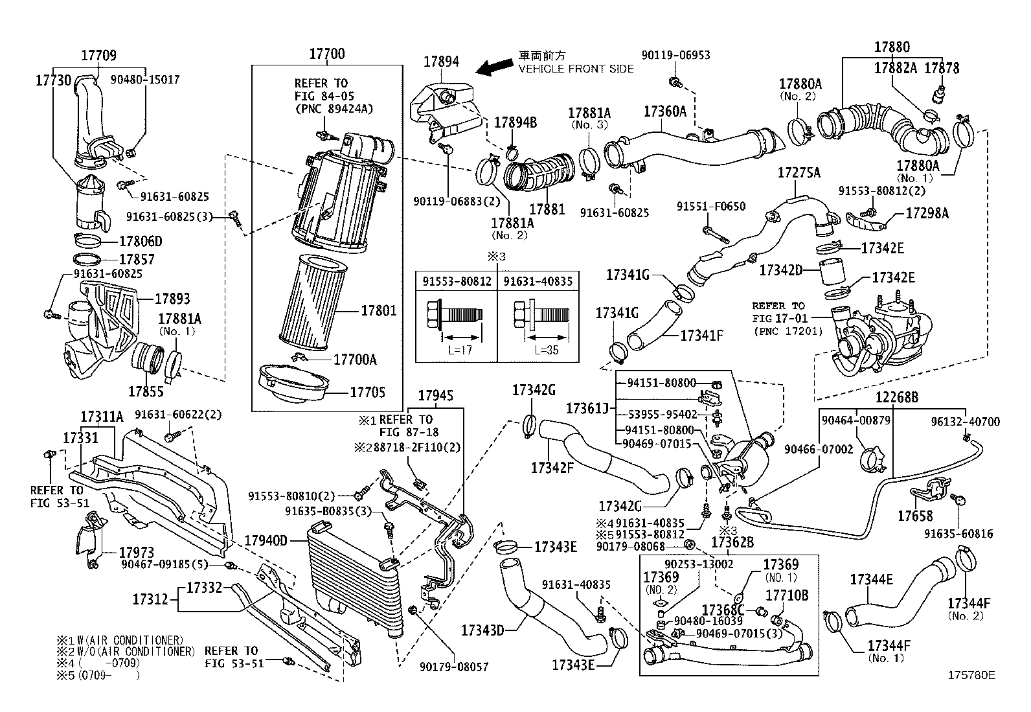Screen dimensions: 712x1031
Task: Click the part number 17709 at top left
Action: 98,56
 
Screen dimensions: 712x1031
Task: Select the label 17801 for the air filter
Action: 378,311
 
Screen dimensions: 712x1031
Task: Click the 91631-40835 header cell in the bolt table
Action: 538,281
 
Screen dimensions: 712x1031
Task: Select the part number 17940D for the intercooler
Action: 266,540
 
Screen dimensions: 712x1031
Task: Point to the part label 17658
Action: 915,516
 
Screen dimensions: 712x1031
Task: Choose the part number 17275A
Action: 799,173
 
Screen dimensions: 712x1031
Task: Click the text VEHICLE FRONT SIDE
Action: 576,69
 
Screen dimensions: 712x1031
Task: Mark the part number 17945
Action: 435,396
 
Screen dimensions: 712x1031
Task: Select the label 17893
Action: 172,299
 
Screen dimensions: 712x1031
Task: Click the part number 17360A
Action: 664,111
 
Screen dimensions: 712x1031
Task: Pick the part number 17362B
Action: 732,542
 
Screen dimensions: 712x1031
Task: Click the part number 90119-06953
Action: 675,55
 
